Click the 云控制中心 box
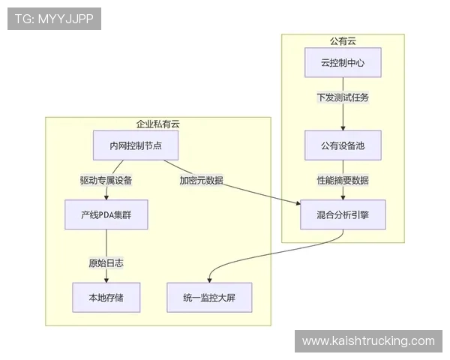coord(343,63)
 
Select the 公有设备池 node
coord(343,145)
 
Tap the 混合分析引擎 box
coord(343,214)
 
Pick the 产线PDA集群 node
coord(106,214)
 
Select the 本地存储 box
coord(106,297)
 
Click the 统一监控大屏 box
coord(208,297)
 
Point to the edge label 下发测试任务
coord(343,97)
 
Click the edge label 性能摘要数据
coord(343,180)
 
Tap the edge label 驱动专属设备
coord(106,180)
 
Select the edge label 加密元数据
coord(201,180)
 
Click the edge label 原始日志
coord(106,262)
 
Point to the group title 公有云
coord(343,40)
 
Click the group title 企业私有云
coord(157,124)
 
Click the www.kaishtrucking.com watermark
coord(368,341)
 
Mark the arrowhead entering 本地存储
coord(106,280)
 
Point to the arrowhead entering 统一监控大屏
coord(208,280)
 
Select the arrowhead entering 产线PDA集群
coord(106,197)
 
